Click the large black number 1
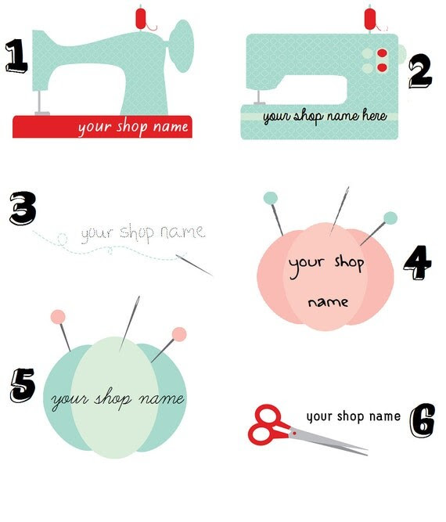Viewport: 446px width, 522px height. pos(16,56)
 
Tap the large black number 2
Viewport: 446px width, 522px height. pos(420,70)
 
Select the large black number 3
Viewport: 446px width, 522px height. pos(23,208)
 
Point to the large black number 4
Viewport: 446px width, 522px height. pos(417,263)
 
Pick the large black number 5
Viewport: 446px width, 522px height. pos(23,385)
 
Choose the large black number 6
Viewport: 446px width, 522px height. pos(422,421)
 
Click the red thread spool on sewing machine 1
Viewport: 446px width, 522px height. pos(141,19)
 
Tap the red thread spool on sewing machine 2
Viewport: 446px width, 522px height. pos(370,20)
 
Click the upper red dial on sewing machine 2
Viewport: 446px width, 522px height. pos(382,53)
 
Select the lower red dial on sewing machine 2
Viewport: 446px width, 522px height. pos(382,67)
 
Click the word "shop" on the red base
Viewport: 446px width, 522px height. pos(131,127)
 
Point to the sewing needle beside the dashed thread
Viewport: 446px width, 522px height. pos(194,265)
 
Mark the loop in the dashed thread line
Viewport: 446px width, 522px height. pos(63,239)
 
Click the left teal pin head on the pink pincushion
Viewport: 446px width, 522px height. pos(270,198)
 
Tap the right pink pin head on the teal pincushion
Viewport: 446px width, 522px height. pos(179,334)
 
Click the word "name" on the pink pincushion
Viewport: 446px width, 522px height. pos(328,302)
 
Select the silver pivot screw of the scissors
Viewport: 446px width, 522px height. pos(294,433)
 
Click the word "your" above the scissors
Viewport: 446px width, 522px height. pos(319,417)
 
